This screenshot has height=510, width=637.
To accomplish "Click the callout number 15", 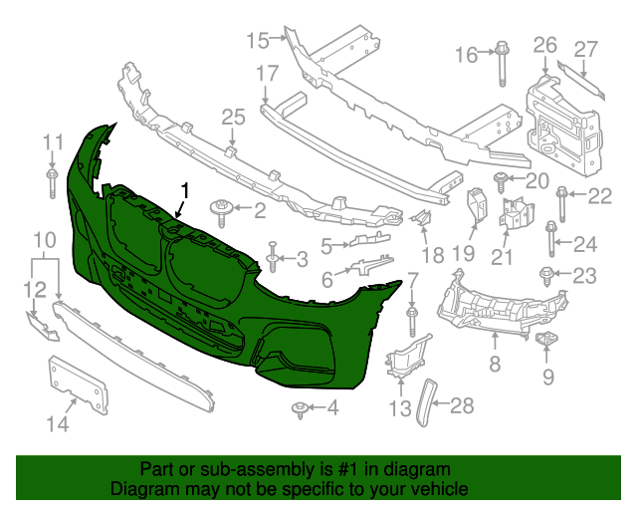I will tap(258, 40).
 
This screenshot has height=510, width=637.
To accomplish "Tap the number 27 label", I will tap(585, 48).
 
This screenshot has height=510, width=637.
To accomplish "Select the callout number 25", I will tap(232, 118).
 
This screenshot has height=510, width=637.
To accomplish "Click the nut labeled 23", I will tap(546, 274).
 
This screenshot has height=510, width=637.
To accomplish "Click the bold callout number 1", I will tap(184, 189).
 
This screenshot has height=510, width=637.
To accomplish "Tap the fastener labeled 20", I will tap(502, 180).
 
